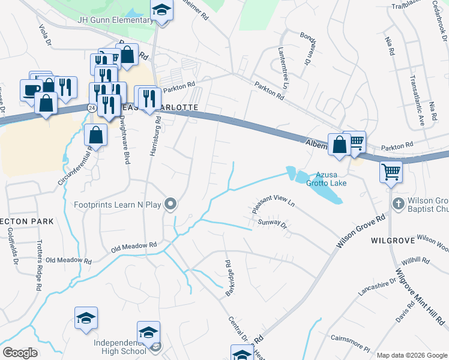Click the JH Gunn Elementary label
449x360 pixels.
pyautogui.click(x=115, y=20)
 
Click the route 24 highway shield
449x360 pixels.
pyautogui.click(x=90, y=107)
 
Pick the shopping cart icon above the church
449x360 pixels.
pyautogui.click(x=391, y=172)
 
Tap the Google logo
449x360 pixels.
pyautogui.click(x=20, y=352)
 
